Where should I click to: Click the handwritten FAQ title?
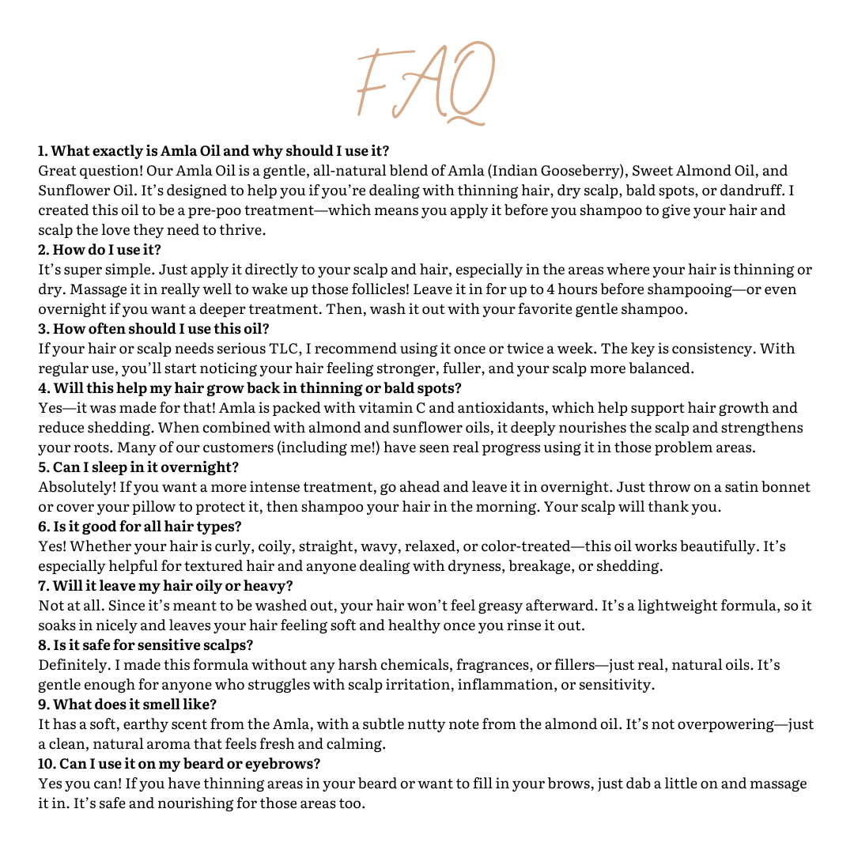tap(425, 83)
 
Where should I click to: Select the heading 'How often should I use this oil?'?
tap(154, 329)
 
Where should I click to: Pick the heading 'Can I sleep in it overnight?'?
tap(138, 467)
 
